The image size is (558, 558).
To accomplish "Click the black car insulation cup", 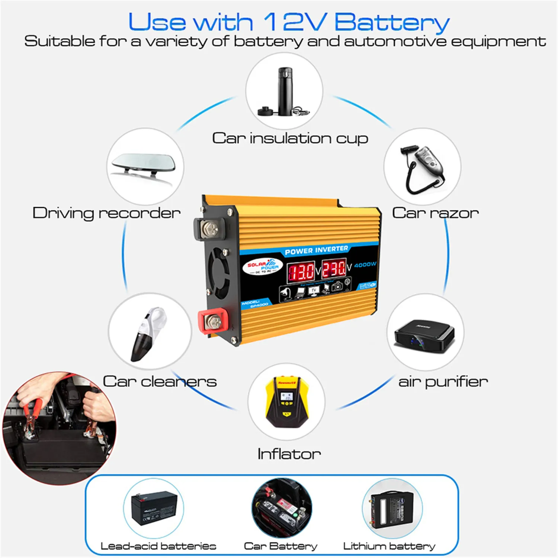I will pyautogui.click(x=285, y=91).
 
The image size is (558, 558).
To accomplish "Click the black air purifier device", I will pyautogui.click(x=424, y=334).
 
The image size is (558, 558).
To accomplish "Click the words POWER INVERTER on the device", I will pyautogui.click(x=316, y=250).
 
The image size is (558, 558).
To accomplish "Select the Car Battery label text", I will pyautogui.click(x=280, y=546).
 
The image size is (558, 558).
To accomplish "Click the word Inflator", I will pyautogui.click(x=289, y=454).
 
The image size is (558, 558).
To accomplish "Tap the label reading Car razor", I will pyautogui.click(x=435, y=213).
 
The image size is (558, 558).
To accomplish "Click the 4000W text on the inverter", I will pyautogui.click(x=365, y=265).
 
